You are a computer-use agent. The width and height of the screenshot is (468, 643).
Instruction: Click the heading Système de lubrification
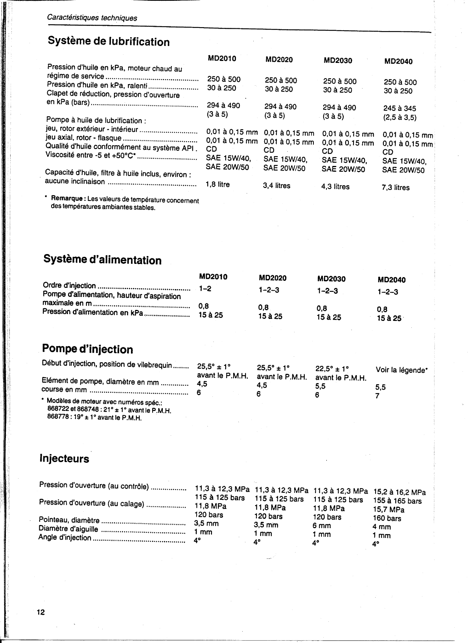pos(109,41)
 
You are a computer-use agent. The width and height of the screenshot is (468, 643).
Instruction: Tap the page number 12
pos(41,612)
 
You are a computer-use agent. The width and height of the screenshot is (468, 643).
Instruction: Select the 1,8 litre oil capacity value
pos(218,184)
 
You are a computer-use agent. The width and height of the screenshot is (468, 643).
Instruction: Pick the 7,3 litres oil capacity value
pos(396,188)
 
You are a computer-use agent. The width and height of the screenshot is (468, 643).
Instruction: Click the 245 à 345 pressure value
pos(400,108)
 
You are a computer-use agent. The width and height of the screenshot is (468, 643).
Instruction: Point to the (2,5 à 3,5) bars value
pos(400,117)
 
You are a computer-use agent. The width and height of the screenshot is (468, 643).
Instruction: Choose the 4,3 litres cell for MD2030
pos(335,186)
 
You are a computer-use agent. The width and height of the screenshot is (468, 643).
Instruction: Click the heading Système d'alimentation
pos(102,260)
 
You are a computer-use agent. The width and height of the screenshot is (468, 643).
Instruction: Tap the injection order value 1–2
pos(205,289)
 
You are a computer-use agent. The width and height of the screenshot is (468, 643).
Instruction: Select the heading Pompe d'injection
pos(87,349)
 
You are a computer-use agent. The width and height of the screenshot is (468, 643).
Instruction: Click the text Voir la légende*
pos(402,370)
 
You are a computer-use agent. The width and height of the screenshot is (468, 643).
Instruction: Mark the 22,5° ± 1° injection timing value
pos(332,369)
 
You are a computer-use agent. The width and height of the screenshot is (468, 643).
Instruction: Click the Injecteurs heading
pos(64,459)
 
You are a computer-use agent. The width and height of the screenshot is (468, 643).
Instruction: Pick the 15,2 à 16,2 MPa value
pos(399,492)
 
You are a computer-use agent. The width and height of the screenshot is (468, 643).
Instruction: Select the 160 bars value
pos(387,518)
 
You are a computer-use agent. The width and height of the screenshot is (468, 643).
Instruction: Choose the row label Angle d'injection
pos(65,538)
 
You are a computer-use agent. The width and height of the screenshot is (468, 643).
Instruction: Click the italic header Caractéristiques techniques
pos(92,18)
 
